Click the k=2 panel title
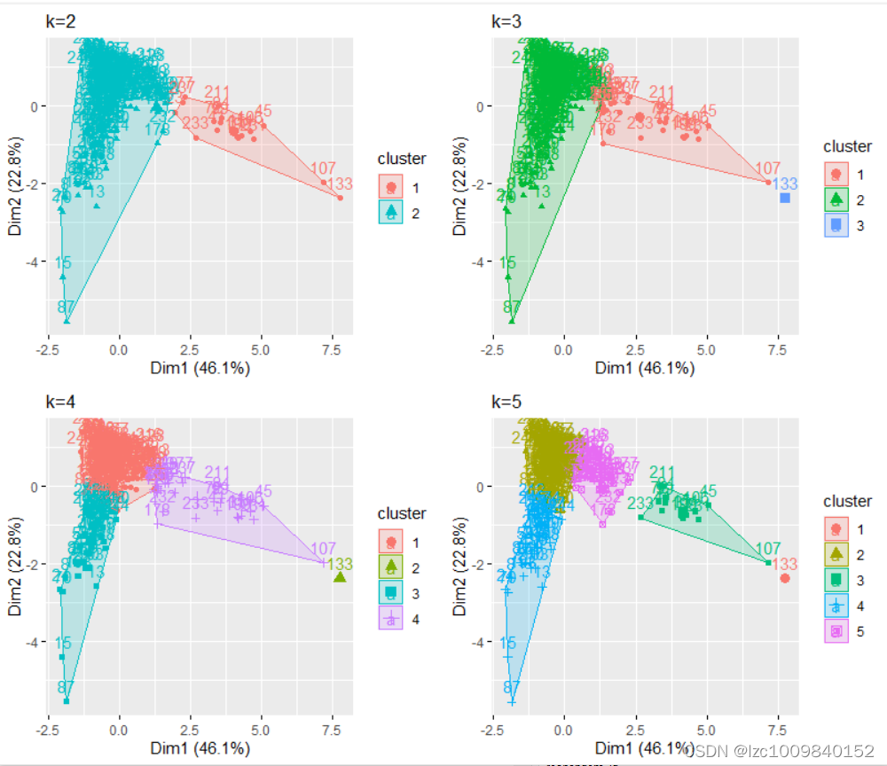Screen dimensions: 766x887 click(61, 21)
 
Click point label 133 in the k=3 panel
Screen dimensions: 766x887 click(785, 184)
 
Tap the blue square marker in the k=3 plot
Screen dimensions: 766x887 click(785, 198)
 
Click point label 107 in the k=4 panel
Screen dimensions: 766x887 click(324, 548)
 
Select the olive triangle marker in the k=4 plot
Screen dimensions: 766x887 click(340, 577)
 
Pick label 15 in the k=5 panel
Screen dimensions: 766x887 click(507, 644)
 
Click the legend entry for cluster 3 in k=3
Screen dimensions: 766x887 click(847, 225)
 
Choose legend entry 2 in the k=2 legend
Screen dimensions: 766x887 click(402, 212)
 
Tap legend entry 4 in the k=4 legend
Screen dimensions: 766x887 click(402, 617)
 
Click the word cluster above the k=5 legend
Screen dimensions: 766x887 click(847, 502)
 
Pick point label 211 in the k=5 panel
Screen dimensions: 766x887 click(663, 473)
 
